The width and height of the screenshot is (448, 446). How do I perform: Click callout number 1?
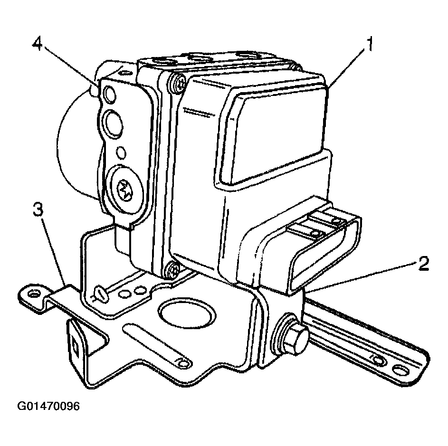[370, 45]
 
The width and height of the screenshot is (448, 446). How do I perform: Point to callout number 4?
[38, 45]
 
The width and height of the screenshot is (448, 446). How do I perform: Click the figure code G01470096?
[48, 406]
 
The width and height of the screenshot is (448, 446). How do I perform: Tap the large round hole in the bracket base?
[187, 314]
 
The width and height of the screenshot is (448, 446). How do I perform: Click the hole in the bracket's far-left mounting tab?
[34, 294]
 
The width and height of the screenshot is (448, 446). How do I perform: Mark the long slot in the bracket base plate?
[157, 346]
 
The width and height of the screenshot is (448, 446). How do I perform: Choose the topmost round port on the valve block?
[110, 95]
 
